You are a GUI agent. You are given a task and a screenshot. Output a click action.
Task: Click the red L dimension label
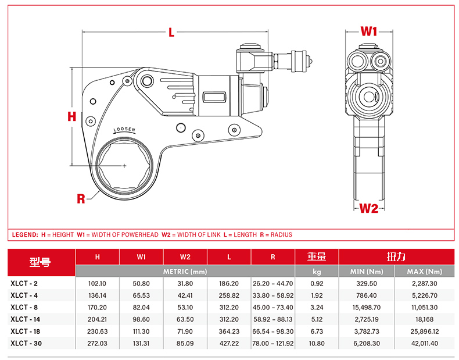tap(171, 33)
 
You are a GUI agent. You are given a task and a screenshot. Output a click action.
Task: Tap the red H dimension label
tap(71, 116)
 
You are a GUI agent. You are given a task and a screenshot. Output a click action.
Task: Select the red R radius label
tap(81, 199)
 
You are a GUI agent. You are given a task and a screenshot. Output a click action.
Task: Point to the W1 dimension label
tap(369, 31)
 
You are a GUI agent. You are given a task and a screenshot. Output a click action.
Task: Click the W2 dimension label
tap(368, 208)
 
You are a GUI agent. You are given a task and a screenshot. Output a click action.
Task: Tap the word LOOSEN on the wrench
tap(124, 130)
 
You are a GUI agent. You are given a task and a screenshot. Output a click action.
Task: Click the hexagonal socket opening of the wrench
tap(124, 166)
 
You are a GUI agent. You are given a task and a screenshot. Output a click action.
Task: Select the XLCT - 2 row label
tap(24, 284)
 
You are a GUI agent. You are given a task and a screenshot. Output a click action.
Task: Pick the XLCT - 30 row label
tap(26, 344)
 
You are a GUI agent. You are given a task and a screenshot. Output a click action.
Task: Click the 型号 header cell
tap(41, 262)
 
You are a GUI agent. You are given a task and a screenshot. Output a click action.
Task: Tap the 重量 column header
tap(317, 256)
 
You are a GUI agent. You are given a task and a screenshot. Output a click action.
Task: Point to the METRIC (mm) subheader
tap(185, 272)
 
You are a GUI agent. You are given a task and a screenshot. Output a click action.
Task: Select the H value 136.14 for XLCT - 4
tap(97, 295)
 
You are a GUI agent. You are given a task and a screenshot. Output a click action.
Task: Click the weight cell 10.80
tap(317, 344)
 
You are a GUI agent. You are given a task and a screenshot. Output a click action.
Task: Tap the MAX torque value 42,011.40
tap(424, 344)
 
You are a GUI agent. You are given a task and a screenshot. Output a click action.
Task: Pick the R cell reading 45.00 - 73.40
tap(273, 308)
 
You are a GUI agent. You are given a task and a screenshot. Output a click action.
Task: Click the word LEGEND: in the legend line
tap(25, 235)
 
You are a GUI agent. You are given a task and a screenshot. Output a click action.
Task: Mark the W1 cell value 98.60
tap(141, 320)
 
